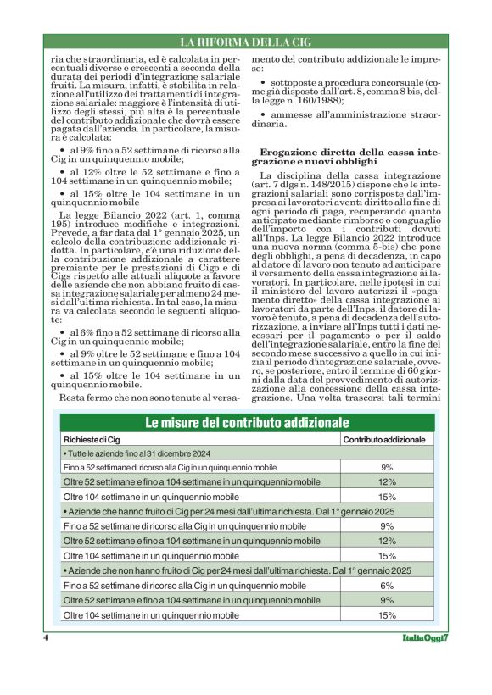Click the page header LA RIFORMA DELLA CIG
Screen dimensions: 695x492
click(246, 42)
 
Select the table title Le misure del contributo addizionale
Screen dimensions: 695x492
click(246, 422)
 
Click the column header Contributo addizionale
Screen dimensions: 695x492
click(384, 440)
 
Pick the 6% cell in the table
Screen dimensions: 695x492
click(387, 585)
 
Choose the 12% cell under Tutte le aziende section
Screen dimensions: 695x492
click(387, 481)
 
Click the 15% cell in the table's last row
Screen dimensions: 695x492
click(387, 614)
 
